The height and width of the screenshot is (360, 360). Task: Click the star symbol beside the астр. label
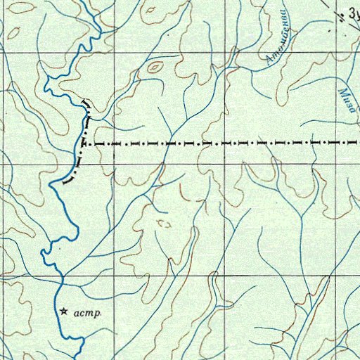coord(64,310)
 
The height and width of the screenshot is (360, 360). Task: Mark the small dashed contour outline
coord(165,224)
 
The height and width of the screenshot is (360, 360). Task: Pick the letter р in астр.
coord(99,314)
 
